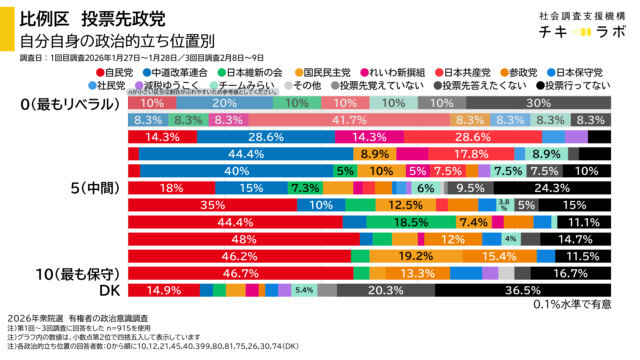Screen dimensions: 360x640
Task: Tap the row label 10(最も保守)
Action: click(x=62, y=272)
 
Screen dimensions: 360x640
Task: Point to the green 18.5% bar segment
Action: click(x=411, y=222)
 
